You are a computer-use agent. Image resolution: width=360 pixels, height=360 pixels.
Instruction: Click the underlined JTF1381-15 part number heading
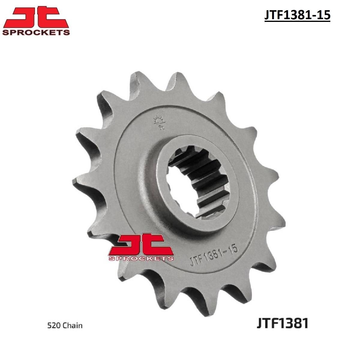(297, 15)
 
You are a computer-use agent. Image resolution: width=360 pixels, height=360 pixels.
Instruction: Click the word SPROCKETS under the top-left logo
(36, 32)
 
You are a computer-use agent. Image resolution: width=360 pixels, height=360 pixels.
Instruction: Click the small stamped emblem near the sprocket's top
(160, 122)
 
